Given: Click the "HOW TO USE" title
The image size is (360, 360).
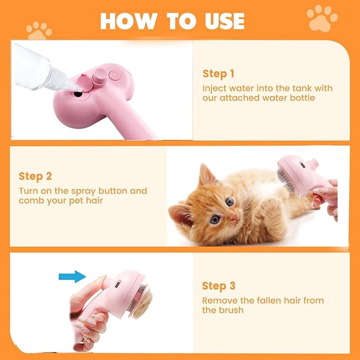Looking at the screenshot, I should tap(172, 21).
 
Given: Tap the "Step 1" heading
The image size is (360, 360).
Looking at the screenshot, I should tap(218, 74).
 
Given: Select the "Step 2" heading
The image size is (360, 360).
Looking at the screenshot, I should tap(36, 176).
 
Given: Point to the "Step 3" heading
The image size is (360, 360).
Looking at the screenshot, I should tap(218, 286).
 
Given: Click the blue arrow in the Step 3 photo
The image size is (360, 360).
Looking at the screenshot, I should tap(72, 276).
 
